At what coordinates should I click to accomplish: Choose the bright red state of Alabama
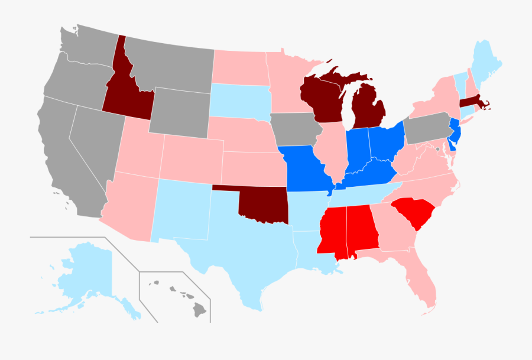tap(361, 231)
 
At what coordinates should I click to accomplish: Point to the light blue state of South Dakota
tap(239, 100)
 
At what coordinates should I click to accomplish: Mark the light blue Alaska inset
tap(89, 272)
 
